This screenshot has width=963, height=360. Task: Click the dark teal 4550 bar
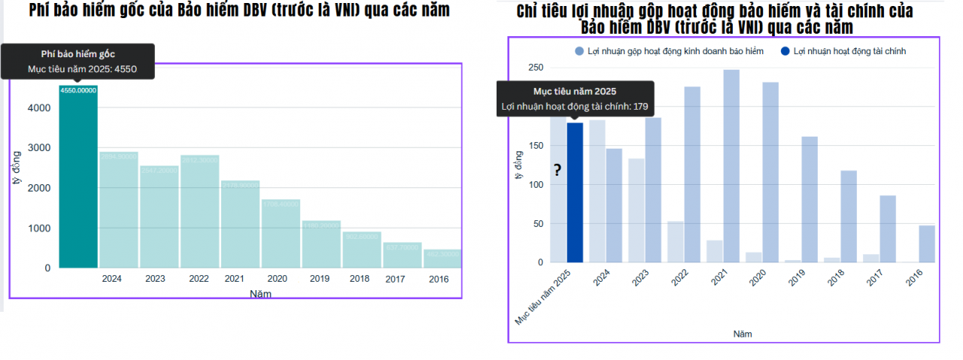(x=78, y=177)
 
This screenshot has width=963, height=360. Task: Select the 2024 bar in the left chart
(x=119, y=210)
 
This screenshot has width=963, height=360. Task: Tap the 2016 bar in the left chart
(x=442, y=259)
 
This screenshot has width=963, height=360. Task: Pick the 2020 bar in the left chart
(x=281, y=234)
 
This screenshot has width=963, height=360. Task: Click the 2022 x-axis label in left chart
(x=199, y=279)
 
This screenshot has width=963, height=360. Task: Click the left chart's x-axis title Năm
(x=260, y=294)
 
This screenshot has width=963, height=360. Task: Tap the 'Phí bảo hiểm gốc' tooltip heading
(x=78, y=53)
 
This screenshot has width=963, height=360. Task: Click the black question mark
(x=557, y=171)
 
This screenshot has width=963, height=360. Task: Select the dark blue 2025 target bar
(x=575, y=192)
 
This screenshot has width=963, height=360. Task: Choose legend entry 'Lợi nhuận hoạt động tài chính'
(x=849, y=51)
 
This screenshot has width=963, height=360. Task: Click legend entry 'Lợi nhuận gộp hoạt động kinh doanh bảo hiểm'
(x=674, y=51)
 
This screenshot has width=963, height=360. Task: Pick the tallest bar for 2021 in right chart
(x=732, y=166)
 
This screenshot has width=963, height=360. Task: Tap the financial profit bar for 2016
(x=927, y=244)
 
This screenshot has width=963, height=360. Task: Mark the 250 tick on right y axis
(x=535, y=68)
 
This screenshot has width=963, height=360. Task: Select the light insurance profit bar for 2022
(x=676, y=241)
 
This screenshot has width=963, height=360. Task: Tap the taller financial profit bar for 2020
(x=770, y=172)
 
